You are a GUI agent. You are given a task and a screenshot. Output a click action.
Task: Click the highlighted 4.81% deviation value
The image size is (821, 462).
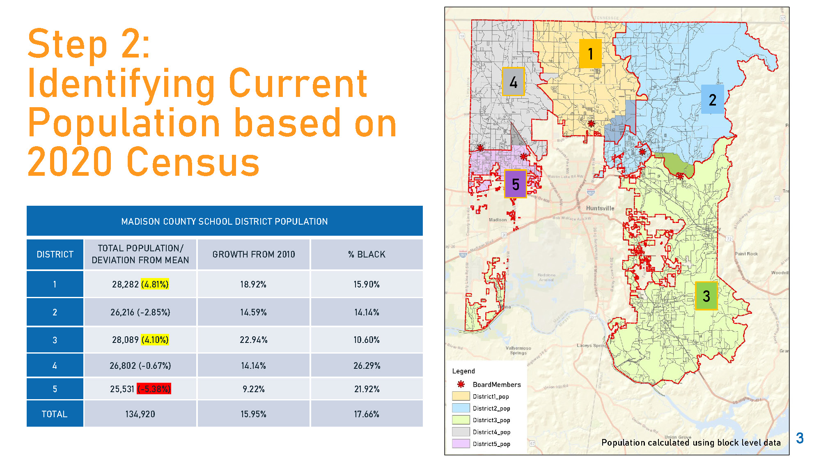pos(155,284)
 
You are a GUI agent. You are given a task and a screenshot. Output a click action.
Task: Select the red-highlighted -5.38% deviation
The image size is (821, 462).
pos(154,389)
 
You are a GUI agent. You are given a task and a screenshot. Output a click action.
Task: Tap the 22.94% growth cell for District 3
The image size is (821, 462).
pos(253,340)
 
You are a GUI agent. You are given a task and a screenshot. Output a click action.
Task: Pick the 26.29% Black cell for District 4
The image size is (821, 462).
pos(367,365)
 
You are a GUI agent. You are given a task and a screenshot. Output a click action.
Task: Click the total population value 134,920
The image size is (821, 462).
pos(140,414)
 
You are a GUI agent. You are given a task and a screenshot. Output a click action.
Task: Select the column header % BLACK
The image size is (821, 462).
pos(367,255)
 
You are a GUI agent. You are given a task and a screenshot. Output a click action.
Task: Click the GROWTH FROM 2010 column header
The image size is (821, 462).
pos(253,255)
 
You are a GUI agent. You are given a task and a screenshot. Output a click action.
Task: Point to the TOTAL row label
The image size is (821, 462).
pos(55,414)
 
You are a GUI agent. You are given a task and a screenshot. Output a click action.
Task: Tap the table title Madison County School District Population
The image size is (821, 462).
pos(224,222)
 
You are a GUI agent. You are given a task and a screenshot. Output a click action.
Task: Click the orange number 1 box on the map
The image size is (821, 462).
pos(590,54)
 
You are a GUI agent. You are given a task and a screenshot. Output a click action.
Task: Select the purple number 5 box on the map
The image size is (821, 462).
pos(516,184)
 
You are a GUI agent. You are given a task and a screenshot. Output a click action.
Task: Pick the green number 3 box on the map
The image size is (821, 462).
pos(706,296)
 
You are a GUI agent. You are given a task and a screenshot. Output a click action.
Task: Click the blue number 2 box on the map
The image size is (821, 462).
pos(712,100)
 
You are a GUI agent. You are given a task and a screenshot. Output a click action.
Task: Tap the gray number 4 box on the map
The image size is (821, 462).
pos(513,82)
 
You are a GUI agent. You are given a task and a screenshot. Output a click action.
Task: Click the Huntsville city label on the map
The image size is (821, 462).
pos(600,208)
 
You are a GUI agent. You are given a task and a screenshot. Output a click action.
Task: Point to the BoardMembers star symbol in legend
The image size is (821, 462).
pos(461,384)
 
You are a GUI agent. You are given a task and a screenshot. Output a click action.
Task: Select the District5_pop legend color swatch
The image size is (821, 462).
pos(461,444)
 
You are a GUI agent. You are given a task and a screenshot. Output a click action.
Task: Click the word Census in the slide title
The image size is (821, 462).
pos(193,162)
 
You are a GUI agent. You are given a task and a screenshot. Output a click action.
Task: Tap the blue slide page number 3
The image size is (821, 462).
pos(799,438)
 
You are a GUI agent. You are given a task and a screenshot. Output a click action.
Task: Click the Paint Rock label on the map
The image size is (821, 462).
pos(746,254)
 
